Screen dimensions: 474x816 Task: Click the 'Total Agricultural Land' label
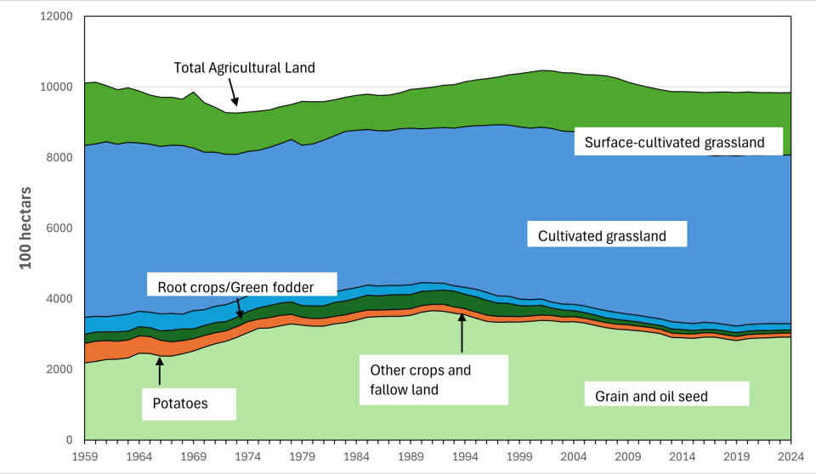click(x=244, y=67)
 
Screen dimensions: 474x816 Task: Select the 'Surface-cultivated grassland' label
click(x=682, y=143)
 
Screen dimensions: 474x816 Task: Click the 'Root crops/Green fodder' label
click(x=241, y=286)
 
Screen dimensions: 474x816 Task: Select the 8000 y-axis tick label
click(x=58, y=158)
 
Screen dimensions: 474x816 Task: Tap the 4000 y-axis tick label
click(x=58, y=299)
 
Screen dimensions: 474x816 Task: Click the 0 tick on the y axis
click(x=68, y=440)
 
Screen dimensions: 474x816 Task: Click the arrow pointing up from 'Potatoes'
click(x=159, y=371)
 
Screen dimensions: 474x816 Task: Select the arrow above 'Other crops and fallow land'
click(x=462, y=332)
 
